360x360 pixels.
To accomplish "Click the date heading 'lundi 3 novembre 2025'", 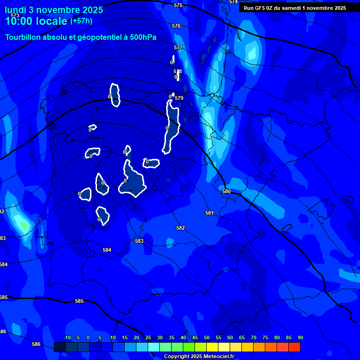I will click(x=54, y=10).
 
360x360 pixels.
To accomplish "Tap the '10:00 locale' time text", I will click(x=36, y=21).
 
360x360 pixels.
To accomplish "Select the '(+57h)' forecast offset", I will click(x=81, y=21).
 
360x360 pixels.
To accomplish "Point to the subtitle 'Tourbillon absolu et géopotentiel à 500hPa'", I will click(x=81, y=37).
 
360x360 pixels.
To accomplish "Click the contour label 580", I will click(x=226, y=191).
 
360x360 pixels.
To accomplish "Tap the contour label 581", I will click(x=210, y=213).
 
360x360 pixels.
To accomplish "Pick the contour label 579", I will click(x=179, y=98).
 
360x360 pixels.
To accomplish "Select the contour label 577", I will click(x=178, y=48).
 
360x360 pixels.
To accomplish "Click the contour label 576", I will click(x=176, y=26).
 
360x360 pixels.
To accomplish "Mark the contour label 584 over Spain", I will click(x=107, y=250).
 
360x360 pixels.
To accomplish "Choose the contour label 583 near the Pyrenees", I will click(x=139, y=241).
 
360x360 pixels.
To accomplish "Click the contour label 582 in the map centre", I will click(x=180, y=228).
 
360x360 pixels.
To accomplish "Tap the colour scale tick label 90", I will click(x=300, y=337).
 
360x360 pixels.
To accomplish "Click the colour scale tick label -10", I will click(x=67, y=337).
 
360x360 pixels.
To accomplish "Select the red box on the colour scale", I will click(x=294, y=347).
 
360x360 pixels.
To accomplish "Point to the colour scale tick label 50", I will click(x=207, y=337).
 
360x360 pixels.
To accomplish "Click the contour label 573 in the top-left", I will click(x=15, y=15).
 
